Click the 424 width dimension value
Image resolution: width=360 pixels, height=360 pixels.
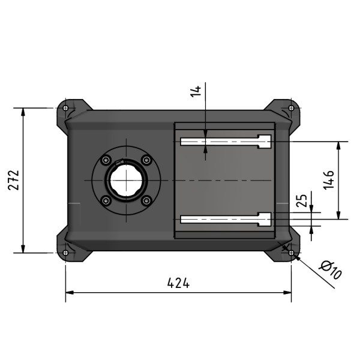point(178,283)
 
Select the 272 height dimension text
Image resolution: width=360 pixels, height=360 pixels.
point(14,180)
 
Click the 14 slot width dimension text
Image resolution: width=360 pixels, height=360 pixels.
point(196,92)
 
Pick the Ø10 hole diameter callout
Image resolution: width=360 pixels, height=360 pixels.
point(331,270)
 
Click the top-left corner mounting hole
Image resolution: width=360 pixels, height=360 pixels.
point(65,109)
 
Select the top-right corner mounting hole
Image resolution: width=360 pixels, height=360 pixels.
point(291,109)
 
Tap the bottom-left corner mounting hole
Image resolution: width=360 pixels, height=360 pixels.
point(65,253)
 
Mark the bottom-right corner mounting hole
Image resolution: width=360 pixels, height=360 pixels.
point(291,253)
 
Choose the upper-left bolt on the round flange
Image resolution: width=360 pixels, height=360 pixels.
point(106,161)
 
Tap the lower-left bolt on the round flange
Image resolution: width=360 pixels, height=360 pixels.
point(106,200)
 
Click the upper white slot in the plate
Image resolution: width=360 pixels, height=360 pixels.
point(222,142)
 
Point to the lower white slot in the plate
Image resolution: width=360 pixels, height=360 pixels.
point(222,219)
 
